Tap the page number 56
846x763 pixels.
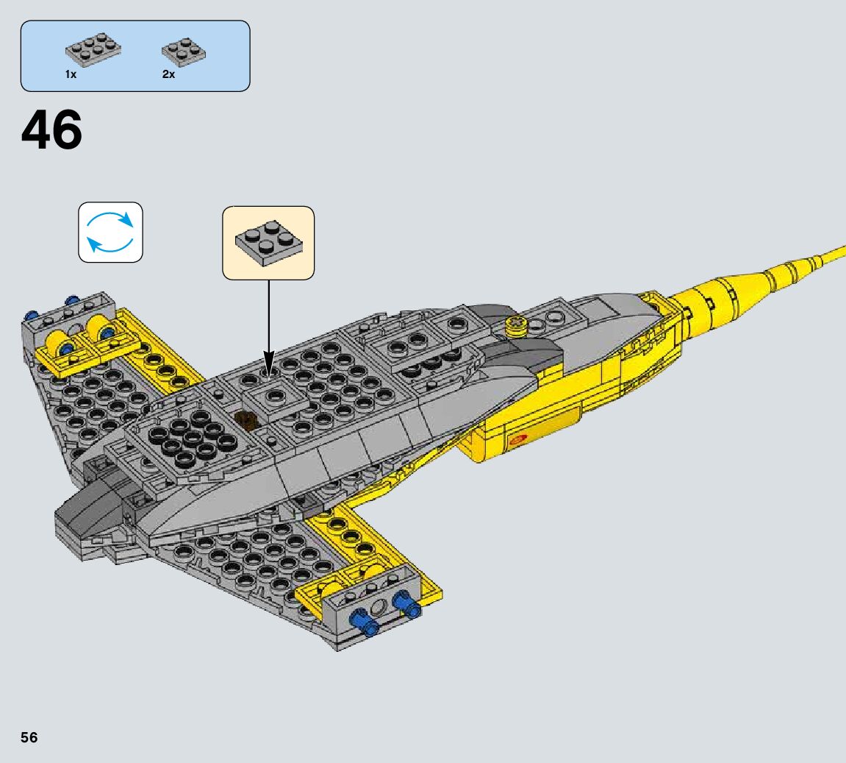pos(29,737)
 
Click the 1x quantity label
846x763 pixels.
pos(71,75)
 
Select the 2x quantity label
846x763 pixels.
pos(168,75)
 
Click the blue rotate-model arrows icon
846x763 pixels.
pos(110,232)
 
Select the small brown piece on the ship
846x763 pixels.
pos(247,422)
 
